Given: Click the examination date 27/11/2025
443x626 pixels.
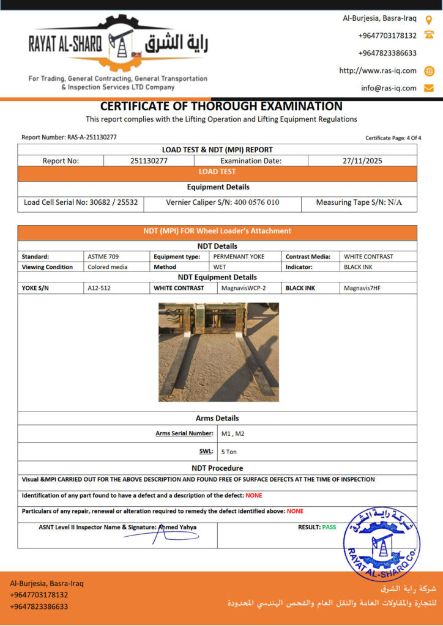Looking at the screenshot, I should point(362,161).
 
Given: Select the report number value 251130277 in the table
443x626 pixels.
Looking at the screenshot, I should point(149,161).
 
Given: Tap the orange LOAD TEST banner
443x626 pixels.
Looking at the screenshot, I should point(217,172).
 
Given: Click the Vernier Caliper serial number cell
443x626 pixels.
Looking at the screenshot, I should point(223,202).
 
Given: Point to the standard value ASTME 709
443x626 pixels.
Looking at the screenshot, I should point(99,257).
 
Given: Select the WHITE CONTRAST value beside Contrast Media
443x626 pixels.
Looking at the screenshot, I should point(368,257).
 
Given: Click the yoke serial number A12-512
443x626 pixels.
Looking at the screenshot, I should point(100,288).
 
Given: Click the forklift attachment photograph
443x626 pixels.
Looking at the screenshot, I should point(218,352).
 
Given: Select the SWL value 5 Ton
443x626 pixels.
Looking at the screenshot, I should point(229,452).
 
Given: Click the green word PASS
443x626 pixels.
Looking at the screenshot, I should point(329,527).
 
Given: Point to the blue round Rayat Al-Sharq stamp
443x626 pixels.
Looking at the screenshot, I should point(382,542).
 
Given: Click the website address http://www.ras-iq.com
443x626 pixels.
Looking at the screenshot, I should point(378,71).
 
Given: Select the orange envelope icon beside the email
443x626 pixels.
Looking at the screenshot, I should point(429,88).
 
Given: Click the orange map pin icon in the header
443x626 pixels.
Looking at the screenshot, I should point(429,19).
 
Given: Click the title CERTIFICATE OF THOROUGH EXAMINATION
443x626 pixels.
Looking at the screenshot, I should point(221,106).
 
